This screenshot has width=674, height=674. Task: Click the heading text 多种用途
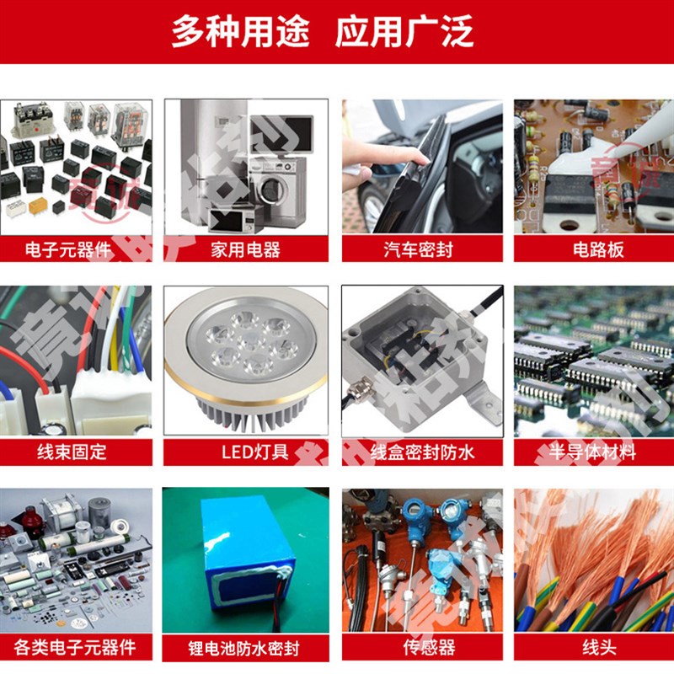pos(241,31)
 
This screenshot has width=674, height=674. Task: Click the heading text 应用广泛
pos(404,31)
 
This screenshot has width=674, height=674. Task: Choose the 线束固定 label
pos(72,452)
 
